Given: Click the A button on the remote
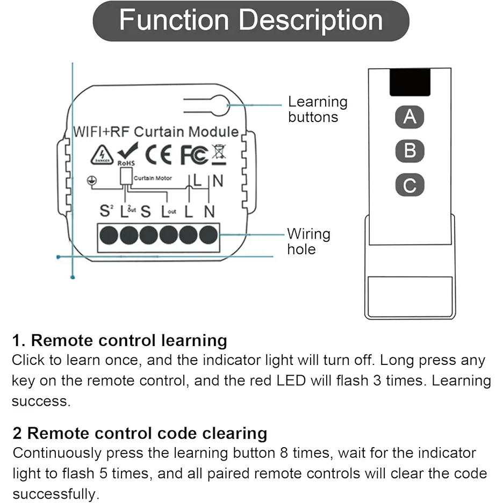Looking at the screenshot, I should click(x=409, y=117).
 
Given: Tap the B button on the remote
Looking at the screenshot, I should click(x=409, y=151).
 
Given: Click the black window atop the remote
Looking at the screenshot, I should click(x=409, y=82).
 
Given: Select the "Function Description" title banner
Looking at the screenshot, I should click(x=251, y=20).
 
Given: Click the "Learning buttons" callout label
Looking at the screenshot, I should click(x=317, y=109).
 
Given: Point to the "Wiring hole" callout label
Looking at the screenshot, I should click(x=308, y=241).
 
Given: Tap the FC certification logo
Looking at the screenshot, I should click(x=193, y=155).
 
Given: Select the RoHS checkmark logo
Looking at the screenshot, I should click(x=127, y=153).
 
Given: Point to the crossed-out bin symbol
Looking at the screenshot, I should click(x=219, y=153).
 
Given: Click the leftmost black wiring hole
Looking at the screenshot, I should click(x=110, y=235).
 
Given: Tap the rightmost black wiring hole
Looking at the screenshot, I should click(x=209, y=235).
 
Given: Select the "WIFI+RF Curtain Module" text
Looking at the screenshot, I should click(x=156, y=132).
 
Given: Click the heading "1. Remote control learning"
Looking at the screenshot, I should click(x=119, y=340).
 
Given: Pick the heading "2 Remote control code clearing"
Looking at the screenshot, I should click(x=140, y=433).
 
